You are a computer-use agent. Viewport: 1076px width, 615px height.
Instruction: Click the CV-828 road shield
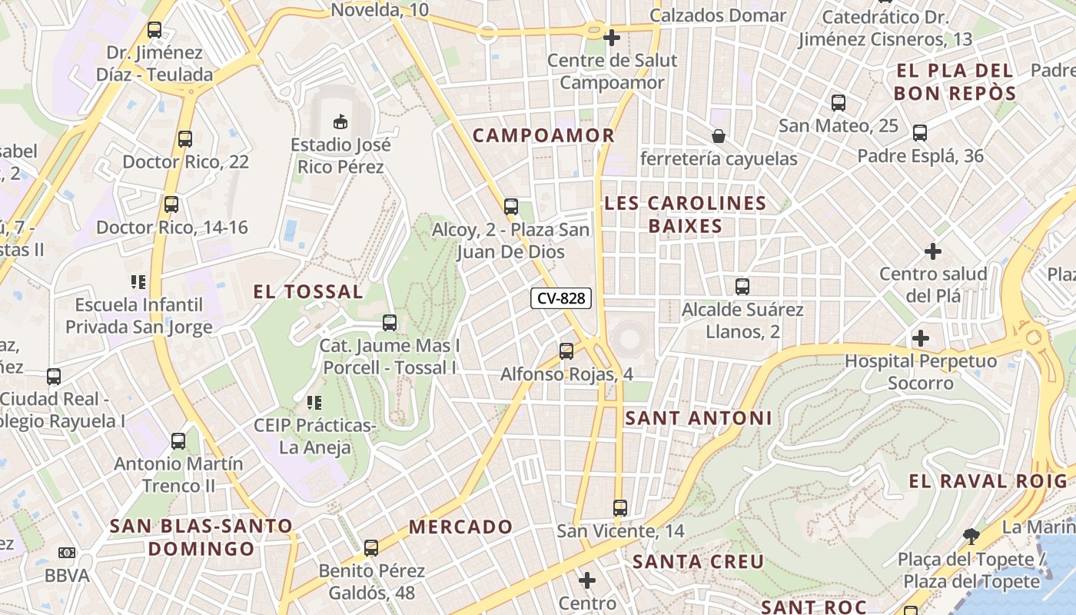coord(561,298)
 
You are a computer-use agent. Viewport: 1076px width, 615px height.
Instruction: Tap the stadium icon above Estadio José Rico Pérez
coord(340,121)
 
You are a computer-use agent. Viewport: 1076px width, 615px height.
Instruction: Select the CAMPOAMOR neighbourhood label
coord(543,136)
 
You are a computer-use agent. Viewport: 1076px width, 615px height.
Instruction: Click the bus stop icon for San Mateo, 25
coord(839,102)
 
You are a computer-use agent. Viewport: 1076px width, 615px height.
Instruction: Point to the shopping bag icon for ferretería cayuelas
coord(719,136)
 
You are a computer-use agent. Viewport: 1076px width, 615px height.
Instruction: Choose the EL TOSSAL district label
coord(308,292)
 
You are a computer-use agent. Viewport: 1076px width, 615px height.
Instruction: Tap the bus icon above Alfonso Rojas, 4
coord(566,351)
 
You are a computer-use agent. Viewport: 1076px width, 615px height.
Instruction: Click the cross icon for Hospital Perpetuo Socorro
coord(920,337)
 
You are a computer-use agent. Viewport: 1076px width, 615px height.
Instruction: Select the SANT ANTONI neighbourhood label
coord(698,418)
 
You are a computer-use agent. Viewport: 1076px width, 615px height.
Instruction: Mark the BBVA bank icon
coord(67,553)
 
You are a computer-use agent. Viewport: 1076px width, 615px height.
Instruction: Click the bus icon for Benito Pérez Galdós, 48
coord(371,548)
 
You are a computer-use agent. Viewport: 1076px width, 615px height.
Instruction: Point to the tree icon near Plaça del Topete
coord(971,536)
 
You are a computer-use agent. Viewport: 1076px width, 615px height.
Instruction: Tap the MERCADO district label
coord(460,527)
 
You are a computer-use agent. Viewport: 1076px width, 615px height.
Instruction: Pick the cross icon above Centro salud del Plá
coord(933,251)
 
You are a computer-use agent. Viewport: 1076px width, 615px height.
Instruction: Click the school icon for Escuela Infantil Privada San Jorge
coord(138,282)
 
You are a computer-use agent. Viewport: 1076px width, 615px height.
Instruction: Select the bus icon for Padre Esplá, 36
coord(920,133)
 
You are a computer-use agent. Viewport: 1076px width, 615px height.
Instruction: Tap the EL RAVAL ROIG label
coord(988,482)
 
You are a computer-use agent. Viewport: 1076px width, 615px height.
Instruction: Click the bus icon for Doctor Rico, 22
coord(184,139)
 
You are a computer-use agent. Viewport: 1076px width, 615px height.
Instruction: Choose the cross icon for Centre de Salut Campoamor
coord(612,37)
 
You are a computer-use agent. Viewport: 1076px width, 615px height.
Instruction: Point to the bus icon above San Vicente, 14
coord(620,508)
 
